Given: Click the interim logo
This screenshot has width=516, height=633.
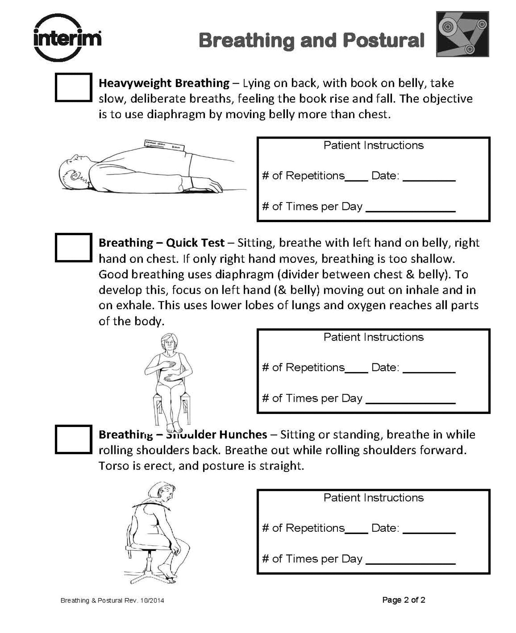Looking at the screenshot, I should [x=67, y=38].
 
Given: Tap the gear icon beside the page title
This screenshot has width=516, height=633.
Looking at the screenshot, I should [x=462, y=34].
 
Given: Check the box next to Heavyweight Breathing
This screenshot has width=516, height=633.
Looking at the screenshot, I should [x=73, y=87].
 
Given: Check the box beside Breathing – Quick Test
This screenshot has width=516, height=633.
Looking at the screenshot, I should [x=73, y=247].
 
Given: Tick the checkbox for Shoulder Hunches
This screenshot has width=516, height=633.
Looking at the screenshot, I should [x=73, y=439].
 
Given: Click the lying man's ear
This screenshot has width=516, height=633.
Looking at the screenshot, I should [x=74, y=176].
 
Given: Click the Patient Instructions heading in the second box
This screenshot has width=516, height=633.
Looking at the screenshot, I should [x=373, y=337].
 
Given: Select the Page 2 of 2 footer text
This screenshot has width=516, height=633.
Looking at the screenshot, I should [x=404, y=600].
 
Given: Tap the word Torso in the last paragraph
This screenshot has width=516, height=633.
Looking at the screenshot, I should [x=112, y=466].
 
